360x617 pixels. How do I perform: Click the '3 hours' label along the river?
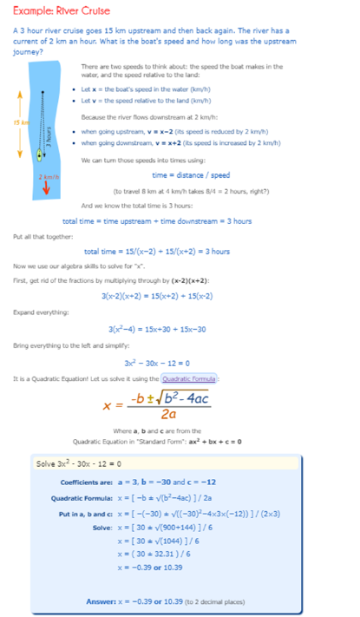[50, 139]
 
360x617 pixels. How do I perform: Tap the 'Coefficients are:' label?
[84, 482]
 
